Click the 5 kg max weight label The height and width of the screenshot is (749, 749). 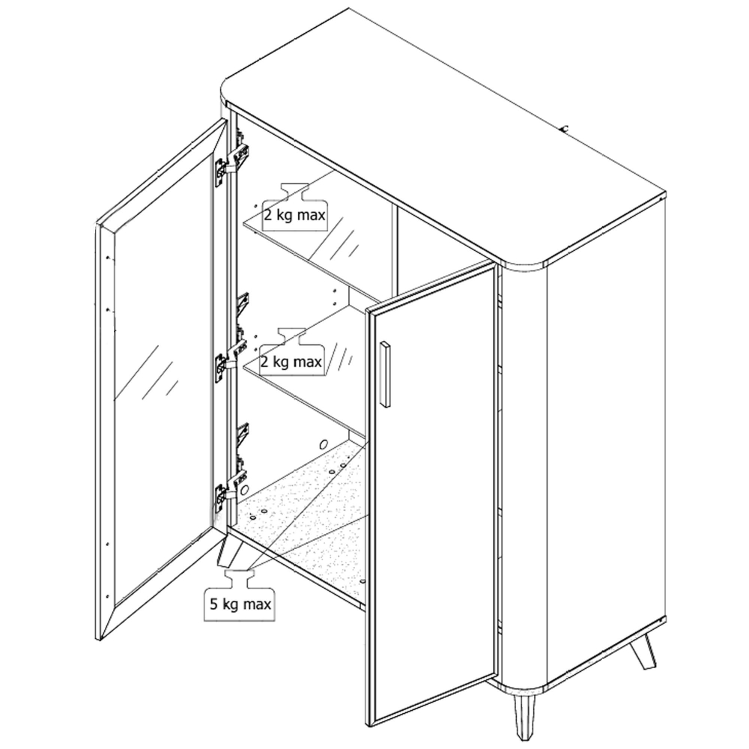pos(240,595)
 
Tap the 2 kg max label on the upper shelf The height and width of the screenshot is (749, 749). pos(294,207)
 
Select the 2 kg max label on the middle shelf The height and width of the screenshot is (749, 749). pos(291,354)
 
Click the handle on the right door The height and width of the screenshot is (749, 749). pos(384,374)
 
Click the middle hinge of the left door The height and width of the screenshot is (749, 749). pos(232,356)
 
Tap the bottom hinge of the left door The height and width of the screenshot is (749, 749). pos(232,490)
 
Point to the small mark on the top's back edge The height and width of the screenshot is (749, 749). pos(565,128)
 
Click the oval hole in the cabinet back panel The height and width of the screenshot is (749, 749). pos(324,444)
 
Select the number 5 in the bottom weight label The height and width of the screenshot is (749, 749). pos(213,604)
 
